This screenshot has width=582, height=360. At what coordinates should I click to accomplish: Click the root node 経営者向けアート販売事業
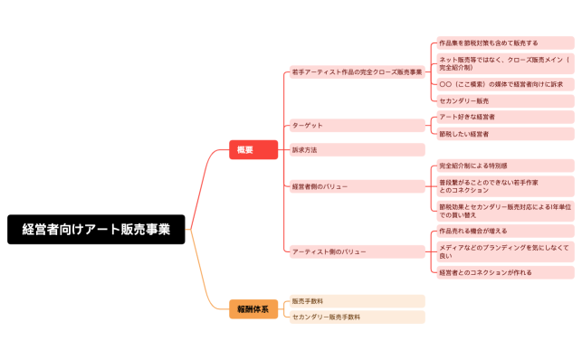coord(96,230)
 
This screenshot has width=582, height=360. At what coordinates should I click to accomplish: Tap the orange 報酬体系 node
coord(253,309)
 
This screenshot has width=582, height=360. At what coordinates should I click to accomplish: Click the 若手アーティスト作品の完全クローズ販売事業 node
coord(356,71)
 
